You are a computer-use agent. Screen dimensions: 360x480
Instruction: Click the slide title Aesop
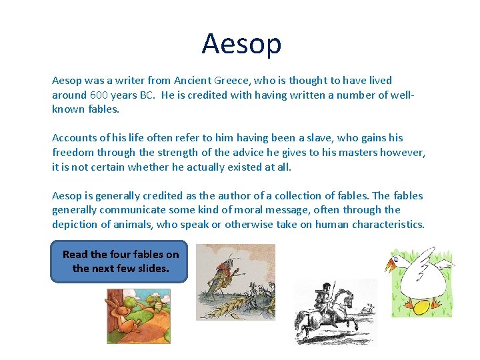241,44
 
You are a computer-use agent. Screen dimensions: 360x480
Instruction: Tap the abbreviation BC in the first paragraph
145,95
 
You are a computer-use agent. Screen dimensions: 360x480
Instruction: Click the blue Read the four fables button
120,261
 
